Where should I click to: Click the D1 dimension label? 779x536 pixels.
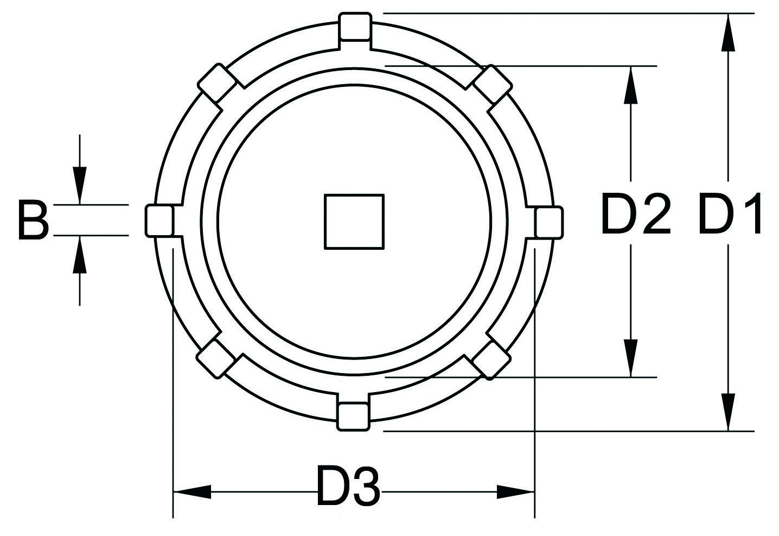click(730, 215)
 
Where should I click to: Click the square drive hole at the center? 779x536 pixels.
click(354, 222)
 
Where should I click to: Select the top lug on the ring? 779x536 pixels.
click(355, 27)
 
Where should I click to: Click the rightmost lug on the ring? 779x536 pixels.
click(548, 223)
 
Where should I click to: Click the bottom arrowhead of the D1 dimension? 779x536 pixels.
click(728, 413)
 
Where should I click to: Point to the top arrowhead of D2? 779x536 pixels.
click(630, 84)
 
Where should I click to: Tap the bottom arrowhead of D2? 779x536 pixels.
click(630, 358)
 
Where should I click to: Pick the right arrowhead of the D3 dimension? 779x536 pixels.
click(516, 492)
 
